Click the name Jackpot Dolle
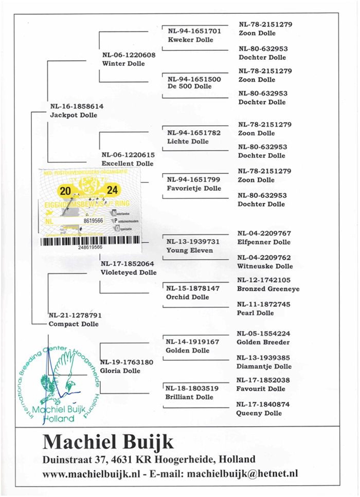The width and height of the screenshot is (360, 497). coord(74,115)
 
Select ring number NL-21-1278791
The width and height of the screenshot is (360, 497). coord(75,315)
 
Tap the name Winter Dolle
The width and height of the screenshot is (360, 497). coord(123,64)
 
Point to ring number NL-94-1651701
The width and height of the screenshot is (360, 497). coord(194,31)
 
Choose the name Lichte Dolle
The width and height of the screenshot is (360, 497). coord(188,141)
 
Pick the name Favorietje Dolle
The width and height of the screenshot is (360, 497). coord(194,188)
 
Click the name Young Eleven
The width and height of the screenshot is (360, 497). coord(189,250)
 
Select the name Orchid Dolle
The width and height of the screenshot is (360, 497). coord(187,297)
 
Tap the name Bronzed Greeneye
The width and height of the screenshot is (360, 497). coord(268,289)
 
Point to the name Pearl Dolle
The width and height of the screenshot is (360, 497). coord(255,313)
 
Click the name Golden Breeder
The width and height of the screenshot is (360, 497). coord(263,342)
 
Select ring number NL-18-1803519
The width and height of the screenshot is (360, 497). coord(192,389)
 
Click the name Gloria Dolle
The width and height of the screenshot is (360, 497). coord(120,371)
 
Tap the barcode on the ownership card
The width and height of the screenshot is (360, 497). coord(89,240)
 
